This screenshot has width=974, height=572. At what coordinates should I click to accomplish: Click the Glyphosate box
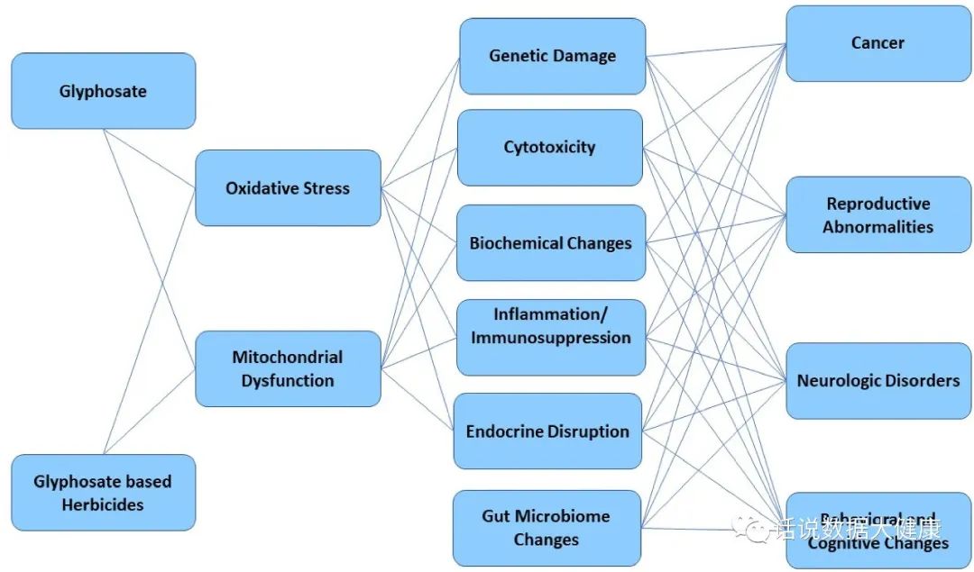103,91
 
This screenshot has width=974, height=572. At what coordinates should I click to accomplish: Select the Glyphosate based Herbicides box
103,492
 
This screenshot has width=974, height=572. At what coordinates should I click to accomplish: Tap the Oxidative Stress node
288,187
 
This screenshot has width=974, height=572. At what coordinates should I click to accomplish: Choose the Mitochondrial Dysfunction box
288,368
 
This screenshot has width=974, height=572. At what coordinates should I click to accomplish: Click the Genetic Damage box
552,56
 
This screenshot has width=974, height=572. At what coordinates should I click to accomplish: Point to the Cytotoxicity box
550,147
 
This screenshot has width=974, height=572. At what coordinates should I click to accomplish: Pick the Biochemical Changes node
550,243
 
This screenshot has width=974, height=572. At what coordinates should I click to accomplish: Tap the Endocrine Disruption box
547,431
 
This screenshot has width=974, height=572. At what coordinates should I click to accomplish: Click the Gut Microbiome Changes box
546,528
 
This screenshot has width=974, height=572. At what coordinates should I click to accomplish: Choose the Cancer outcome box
877,42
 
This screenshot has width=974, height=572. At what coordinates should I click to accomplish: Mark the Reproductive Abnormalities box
877,214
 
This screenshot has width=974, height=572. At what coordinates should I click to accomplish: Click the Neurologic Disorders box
877,380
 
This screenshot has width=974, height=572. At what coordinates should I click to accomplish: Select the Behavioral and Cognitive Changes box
877,531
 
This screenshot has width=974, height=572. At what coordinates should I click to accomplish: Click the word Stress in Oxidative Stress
326,188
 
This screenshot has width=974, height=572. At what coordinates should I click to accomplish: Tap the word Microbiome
564,516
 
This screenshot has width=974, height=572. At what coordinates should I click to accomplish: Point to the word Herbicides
103,504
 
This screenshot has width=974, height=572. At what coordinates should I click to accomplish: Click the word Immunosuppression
550,338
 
